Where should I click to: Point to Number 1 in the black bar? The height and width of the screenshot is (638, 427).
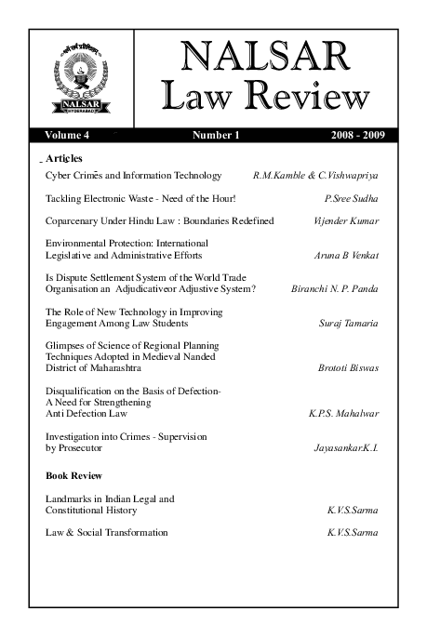pyautogui.click(x=216, y=136)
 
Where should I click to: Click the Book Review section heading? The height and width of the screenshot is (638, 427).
pyautogui.click(x=73, y=476)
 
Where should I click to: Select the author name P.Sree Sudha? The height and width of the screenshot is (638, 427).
pyautogui.click(x=350, y=198)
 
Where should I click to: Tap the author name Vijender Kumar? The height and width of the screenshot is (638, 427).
pyautogui.click(x=346, y=221)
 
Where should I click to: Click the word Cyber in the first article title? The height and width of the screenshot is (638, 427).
pyautogui.click(x=59, y=175)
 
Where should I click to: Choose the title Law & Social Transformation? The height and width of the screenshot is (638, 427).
pyautogui.click(x=106, y=533)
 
